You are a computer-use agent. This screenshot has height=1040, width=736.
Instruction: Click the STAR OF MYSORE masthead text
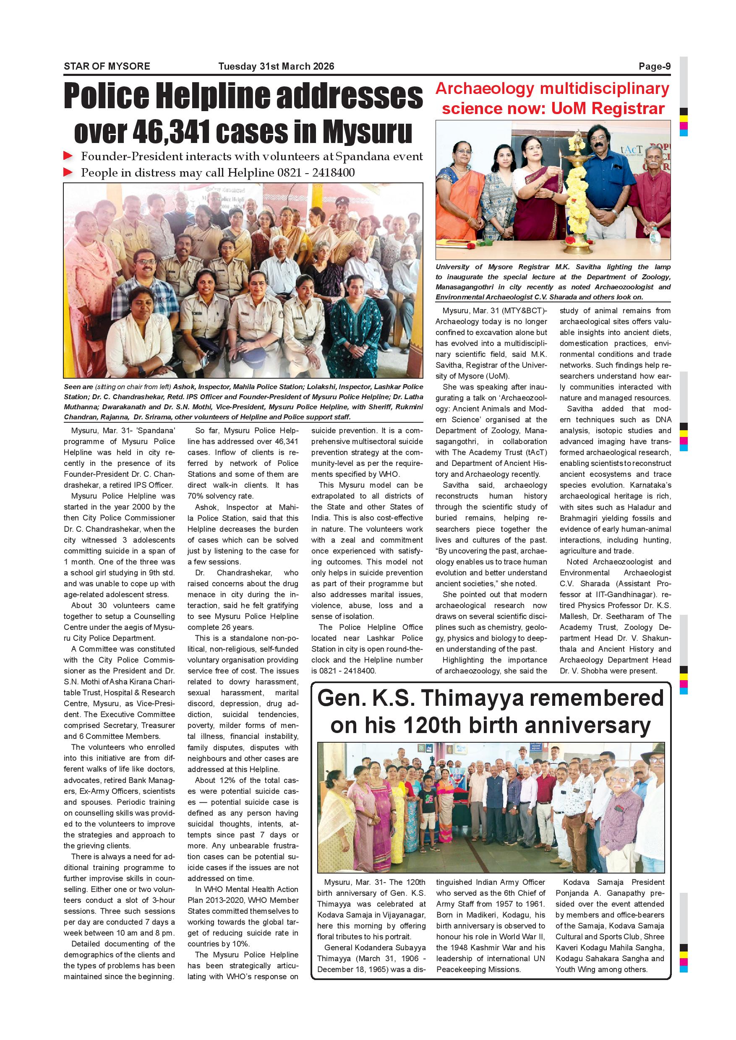(107, 66)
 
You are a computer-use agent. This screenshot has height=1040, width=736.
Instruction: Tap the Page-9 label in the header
(655, 66)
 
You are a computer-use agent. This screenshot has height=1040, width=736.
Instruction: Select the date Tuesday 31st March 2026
(276, 66)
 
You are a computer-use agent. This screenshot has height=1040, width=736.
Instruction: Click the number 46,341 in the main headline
(171, 132)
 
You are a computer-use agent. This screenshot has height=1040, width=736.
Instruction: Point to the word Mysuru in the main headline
(367, 132)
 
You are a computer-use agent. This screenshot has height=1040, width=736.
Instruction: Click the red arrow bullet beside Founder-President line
(68, 156)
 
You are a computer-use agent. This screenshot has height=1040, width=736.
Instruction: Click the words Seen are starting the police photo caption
(78, 387)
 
